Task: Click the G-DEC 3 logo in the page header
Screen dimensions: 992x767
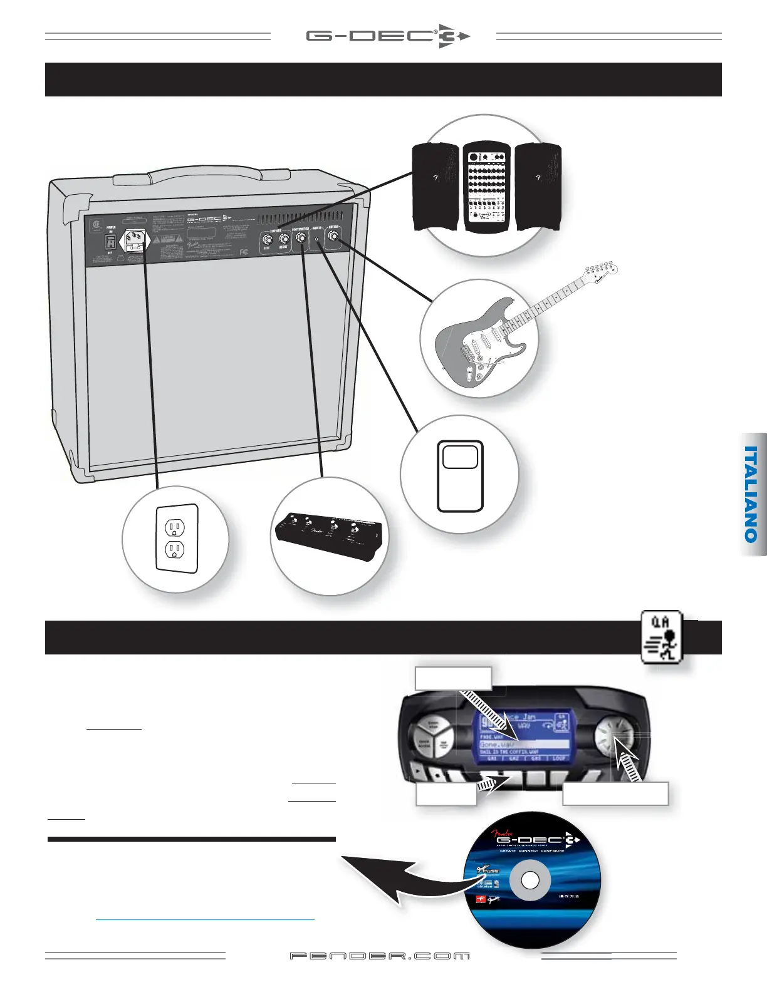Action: pos(387,36)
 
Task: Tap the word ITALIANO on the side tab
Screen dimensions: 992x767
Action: pos(752,494)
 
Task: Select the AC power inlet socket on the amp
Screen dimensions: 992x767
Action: pos(133,240)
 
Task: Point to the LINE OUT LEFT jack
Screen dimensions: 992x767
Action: pos(268,239)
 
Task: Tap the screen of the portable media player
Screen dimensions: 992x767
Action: pos(460,457)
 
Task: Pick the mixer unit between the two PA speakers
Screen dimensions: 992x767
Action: pos(487,187)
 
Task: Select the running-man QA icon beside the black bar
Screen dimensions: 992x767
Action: pos(661,637)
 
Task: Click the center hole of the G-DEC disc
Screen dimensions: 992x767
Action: pos(530,881)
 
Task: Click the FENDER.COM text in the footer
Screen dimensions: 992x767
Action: pos(380,956)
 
